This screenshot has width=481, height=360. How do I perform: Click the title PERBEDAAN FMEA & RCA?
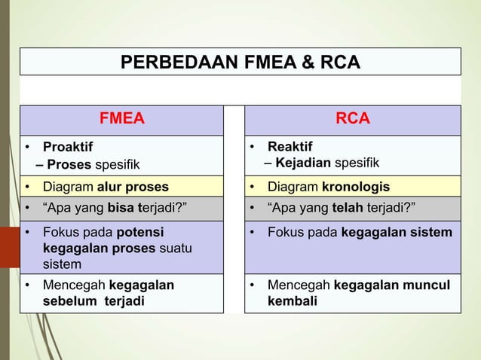click(x=240, y=61)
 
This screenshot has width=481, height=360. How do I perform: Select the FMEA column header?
click(x=122, y=119)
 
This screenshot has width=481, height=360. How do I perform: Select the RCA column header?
click(x=352, y=119)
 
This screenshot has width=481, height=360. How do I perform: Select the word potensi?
click(x=139, y=232)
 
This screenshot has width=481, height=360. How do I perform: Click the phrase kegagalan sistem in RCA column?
click(x=397, y=232)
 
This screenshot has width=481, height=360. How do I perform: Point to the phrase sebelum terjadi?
click(x=84, y=301)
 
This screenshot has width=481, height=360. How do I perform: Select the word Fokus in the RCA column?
click(x=284, y=232)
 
